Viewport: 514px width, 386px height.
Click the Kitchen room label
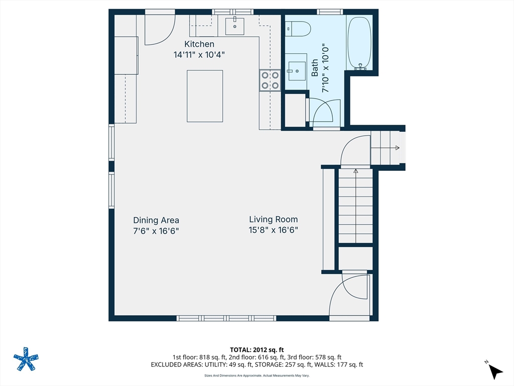(199, 44)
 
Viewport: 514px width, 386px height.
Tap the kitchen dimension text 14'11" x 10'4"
(199, 55)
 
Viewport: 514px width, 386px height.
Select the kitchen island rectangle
(205, 96)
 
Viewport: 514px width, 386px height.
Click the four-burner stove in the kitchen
(270, 80)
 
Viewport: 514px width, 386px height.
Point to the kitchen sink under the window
(234, 26)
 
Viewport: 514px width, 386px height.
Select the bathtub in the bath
(359, 43)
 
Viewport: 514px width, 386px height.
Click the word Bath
(315, 68)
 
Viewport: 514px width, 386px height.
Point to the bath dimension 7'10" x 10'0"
(325, 68)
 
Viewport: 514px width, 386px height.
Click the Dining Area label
(156, 220)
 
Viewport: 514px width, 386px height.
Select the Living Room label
(274, 219)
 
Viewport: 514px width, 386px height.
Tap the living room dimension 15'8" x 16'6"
(274, 231)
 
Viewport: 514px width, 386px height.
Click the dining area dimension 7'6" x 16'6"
(156, 231)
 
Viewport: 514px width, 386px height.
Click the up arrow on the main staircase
(356, 171)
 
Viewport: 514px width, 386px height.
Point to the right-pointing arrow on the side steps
(397, 148)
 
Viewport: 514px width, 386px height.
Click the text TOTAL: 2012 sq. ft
(257, 349)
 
